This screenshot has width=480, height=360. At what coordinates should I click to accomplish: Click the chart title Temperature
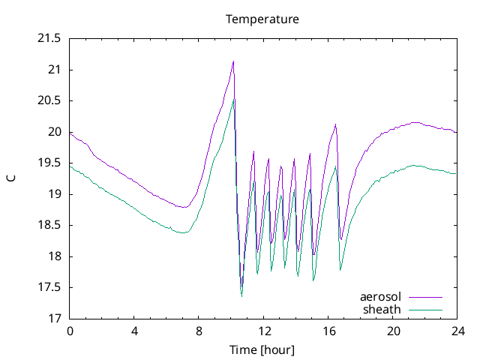click(262, 19)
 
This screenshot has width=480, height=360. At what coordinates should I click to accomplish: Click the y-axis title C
click(11, 178)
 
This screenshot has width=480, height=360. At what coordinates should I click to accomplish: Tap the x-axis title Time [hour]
click(262, 350)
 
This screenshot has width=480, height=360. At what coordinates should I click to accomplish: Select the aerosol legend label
click(380, 297)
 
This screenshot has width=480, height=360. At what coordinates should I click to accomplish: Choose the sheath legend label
click(382, 309)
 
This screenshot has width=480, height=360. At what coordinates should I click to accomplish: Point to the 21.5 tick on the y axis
click(49, 39)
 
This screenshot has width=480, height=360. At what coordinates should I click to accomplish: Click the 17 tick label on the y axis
click(55, 319)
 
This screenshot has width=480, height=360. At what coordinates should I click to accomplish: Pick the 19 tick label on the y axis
click(55, 194)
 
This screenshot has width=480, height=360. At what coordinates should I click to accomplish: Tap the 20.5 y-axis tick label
click(49, 101)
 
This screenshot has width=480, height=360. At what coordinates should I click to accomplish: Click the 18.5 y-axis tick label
click(49, 226)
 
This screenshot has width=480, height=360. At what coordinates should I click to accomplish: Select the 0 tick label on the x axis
click(70, 331)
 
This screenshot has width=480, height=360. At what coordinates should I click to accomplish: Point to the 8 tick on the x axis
click(199, 331)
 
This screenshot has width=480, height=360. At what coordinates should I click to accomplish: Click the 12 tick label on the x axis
click(263, 331)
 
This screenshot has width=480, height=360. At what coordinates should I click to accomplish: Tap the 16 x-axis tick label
click(328, 331)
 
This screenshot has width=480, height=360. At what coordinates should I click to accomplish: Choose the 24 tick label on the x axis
click(457, 331)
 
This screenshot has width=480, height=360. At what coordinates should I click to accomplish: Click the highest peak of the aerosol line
click(233, 61)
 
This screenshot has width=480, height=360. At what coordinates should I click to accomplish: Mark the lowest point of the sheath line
click(241, 295)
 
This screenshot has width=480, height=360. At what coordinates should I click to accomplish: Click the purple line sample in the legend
click(424, 297)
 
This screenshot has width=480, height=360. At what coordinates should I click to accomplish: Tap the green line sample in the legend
click(424, 309)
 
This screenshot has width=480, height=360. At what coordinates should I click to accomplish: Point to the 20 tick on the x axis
click(392, 331)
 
